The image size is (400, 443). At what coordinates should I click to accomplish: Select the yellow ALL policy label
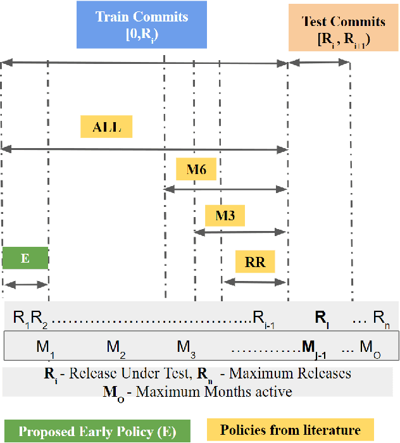[x=106, y=127]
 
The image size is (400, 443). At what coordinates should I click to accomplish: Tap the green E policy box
[x=25, y=258]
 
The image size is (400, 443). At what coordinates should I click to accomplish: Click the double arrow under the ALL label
[x=144, y=149]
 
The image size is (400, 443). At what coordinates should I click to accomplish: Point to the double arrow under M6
[x=226, y=189]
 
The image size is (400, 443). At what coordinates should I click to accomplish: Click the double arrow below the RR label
[x=255, y=282]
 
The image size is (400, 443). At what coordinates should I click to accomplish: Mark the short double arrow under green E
[x=25, y=285]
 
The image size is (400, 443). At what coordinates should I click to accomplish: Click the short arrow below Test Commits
[x=319, y=61]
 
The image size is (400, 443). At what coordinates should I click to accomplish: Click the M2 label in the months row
[x=115, y=347]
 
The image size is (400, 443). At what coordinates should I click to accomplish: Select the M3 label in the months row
[x=185, y=347]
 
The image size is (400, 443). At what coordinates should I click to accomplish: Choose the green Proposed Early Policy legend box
[x=98, y=432]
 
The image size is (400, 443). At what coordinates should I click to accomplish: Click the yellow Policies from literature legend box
[x=291, y=430]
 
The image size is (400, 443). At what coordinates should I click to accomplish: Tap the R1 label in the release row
[x=21, y=317]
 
